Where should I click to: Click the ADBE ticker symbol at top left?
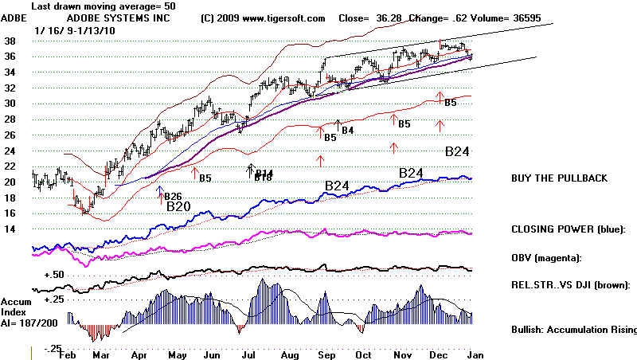pyautogui.click(x=14, y=18)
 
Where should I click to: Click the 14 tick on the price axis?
pyautogui.click(x=12, y=229)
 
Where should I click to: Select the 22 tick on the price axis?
pyautogui.click(x=12, y=166)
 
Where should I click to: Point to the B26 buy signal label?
pyautogui.click(x=173, y=196)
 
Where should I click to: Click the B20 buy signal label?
pyautogui.click(x=178, y=206)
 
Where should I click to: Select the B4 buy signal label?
pyautogui.click(x=347, y=130)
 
